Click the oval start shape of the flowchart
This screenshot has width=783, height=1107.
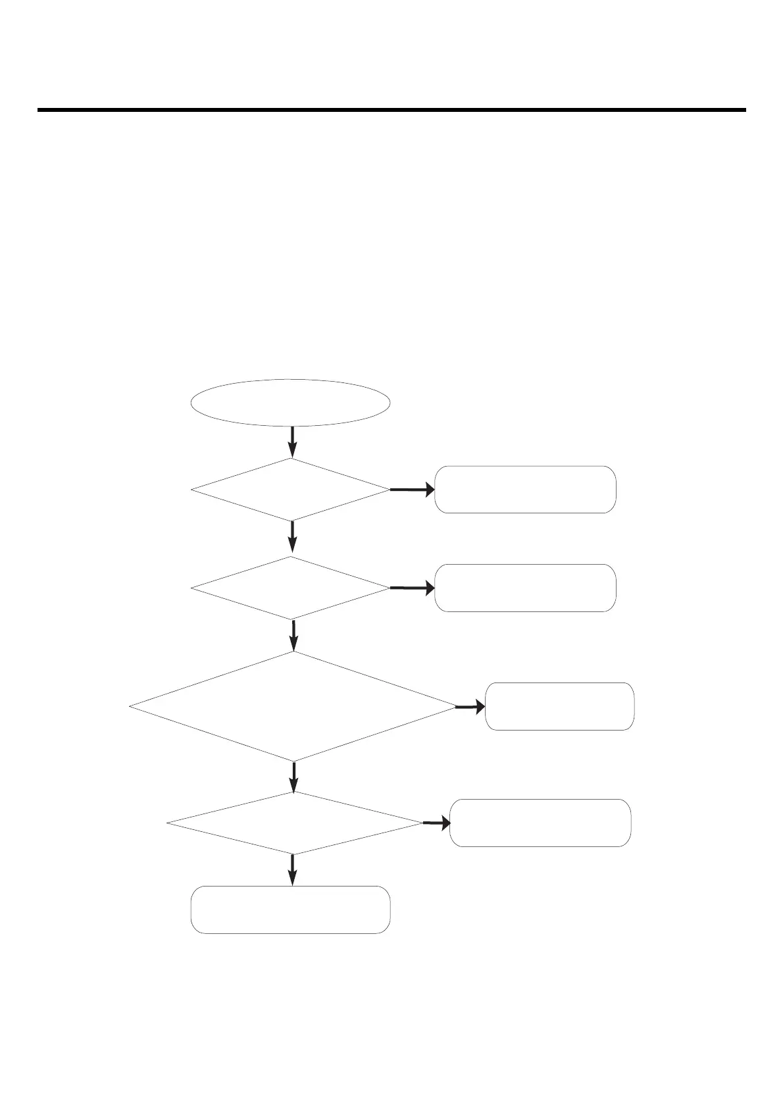point(290,402)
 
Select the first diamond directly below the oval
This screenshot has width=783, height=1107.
point(290,490)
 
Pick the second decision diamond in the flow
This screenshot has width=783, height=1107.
point(290,588)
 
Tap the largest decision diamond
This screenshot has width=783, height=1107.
point(293,706)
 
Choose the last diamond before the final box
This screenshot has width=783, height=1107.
point(294,823)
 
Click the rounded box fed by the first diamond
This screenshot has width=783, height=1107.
point(525,490)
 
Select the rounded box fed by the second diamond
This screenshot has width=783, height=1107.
point(525,588)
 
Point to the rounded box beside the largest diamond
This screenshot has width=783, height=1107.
point(559,706)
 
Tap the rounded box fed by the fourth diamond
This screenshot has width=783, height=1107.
point(540,823)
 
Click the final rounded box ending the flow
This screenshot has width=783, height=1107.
point(290,910)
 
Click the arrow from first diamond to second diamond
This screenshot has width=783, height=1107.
point(292,536)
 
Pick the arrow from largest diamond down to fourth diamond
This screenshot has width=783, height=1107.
point(293,776)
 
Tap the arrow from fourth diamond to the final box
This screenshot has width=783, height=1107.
point(293,869)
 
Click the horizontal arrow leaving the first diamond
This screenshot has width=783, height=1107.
point(412,490)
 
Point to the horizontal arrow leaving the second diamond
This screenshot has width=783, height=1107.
point(412,588)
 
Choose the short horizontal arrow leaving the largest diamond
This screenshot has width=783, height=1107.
point(470,707)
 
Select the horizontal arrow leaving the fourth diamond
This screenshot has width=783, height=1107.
point(436,823)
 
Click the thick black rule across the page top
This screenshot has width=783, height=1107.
point(391,110)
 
